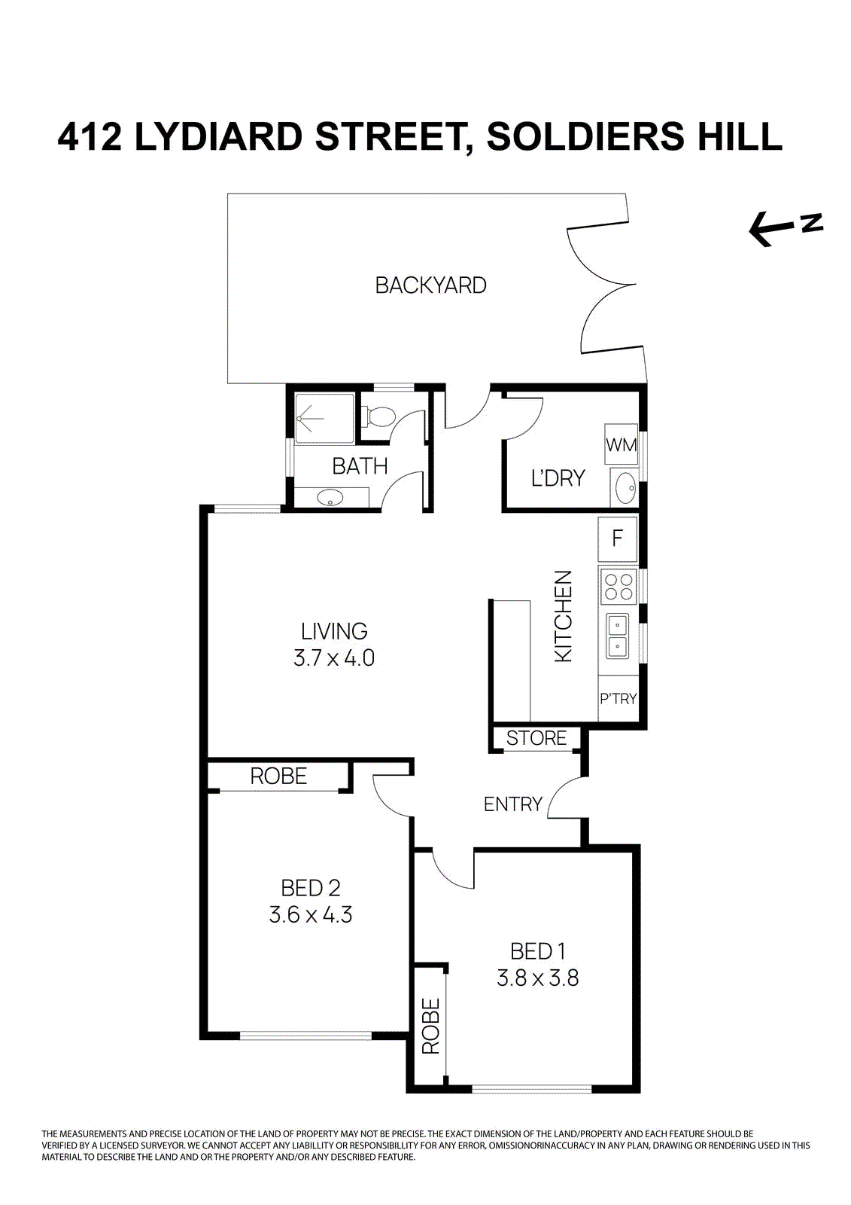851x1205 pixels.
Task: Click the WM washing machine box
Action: pyautogui.click(x=621, y=445)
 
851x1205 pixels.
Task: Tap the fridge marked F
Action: pyautogui.click(x=618, y=538)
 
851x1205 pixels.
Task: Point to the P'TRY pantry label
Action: pyautogui.click(x=618, y=699)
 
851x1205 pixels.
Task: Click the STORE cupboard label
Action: pyautogui.click(x=536, y=738)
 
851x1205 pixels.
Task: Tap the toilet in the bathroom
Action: pyautogui.click(x=380, y=416)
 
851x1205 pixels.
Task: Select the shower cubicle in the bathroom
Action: pyautogui.click(x=324, y=418)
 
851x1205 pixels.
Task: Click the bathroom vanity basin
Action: pyautogui.click(x=330, y=497)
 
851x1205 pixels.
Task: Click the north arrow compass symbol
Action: pyautogui.click(x=785, y=227)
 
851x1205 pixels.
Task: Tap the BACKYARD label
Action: pyautogui.click(x=430, y=285)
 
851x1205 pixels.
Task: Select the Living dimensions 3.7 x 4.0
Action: pyautogui.click(x=334, y=658)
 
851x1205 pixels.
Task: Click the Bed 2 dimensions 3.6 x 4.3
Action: pyautogui.click(x=311, y=915)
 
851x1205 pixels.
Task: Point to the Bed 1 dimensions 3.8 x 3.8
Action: pyautogui.click(x=537, y=978)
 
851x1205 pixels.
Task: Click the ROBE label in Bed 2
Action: pyautogui.click(x=278, y=776)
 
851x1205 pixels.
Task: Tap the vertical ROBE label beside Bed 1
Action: pyautogui.click(x=430, y=1026)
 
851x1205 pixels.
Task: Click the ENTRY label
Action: pyautogui.click(x=512, y=804)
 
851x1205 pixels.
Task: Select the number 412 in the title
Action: pyautogui.click(x=89, y=137)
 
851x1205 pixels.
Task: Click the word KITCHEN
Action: pyautogui.click(x=563, y=616)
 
